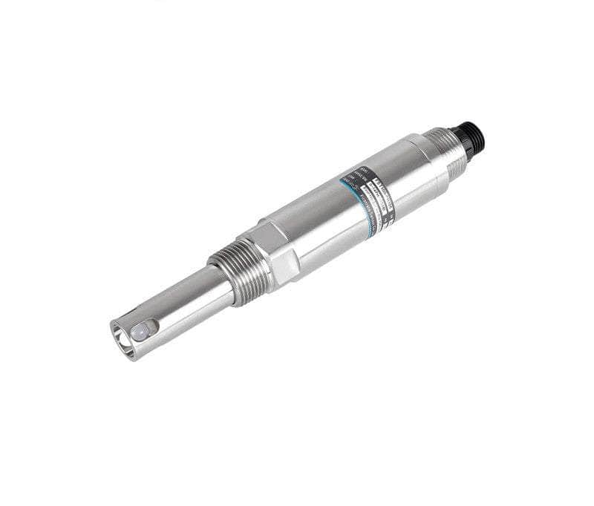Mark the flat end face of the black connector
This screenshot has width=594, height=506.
pos(479,131)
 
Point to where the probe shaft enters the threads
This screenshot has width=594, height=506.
pos(215,286)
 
